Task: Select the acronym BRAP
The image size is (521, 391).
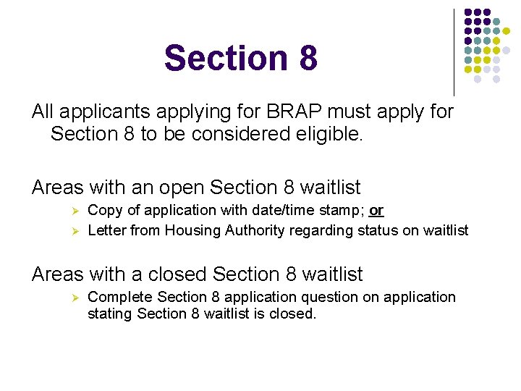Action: click(297, 112)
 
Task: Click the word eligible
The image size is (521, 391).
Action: click(323, 134)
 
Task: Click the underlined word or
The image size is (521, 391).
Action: click(376, 211)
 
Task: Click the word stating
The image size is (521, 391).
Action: click(109, 315)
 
